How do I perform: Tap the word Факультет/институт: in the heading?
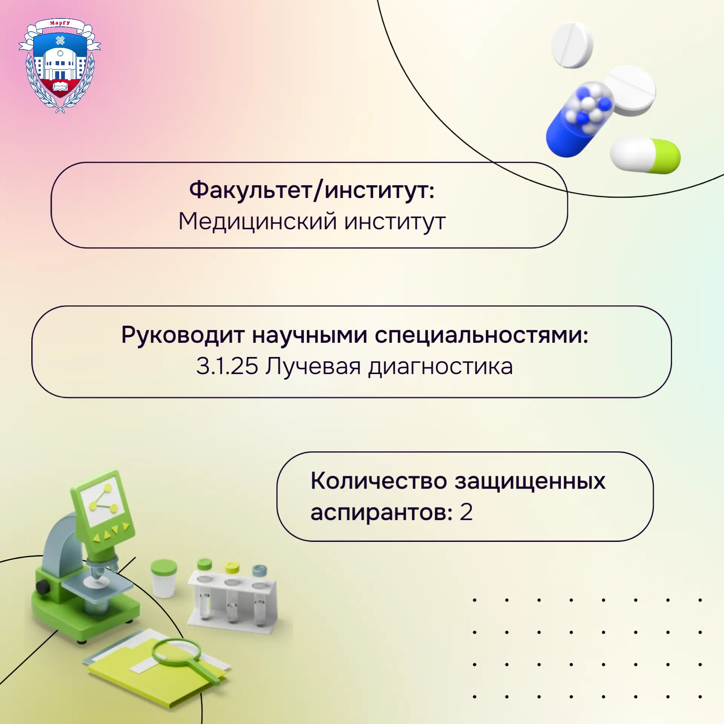(x=312, y=190)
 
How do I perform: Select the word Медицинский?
(x=257, y=221)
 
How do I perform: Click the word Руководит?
(x=183, y=335)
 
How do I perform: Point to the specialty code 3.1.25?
(x=227, y=366)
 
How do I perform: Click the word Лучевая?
(x=313, y=367)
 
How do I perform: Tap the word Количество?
(x=379, y=481)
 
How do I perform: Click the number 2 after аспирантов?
(x=466, y=512)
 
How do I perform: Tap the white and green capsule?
(x=645, y=155)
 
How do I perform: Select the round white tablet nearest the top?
(x=572, y=45)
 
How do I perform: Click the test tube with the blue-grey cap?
(x=259, y=594)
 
